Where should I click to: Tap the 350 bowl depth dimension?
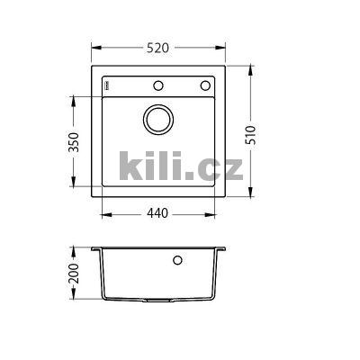point(76,144)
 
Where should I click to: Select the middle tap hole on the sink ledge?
point(159,86)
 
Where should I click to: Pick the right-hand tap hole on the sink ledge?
point(203,86)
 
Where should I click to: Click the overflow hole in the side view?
point(177,262)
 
